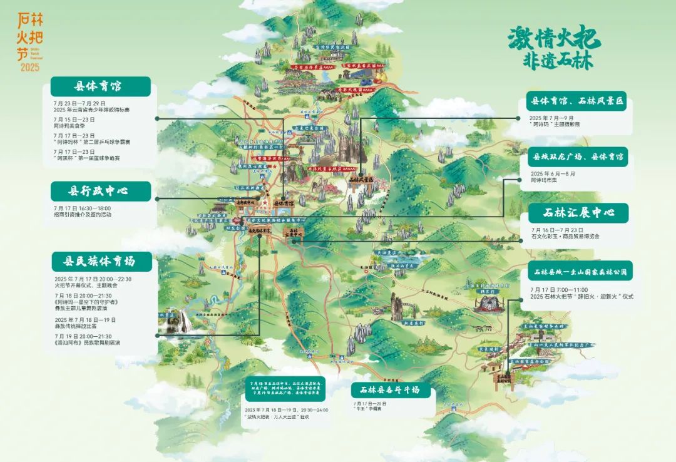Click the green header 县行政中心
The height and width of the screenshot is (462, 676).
(x=100, y=191)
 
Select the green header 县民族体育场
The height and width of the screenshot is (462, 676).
(x=101, y=261)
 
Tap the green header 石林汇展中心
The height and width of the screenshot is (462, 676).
(x=578, y=213)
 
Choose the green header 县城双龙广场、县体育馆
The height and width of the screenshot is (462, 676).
(x=577, y=157)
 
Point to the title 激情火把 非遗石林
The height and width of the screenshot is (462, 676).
(x=554, y=48)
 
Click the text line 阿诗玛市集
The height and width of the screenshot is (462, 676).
(x=543, y=180)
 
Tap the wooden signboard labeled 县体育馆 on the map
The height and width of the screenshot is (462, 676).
(x=285, y=203)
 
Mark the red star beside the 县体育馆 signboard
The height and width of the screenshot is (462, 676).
(x=265, y=203)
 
